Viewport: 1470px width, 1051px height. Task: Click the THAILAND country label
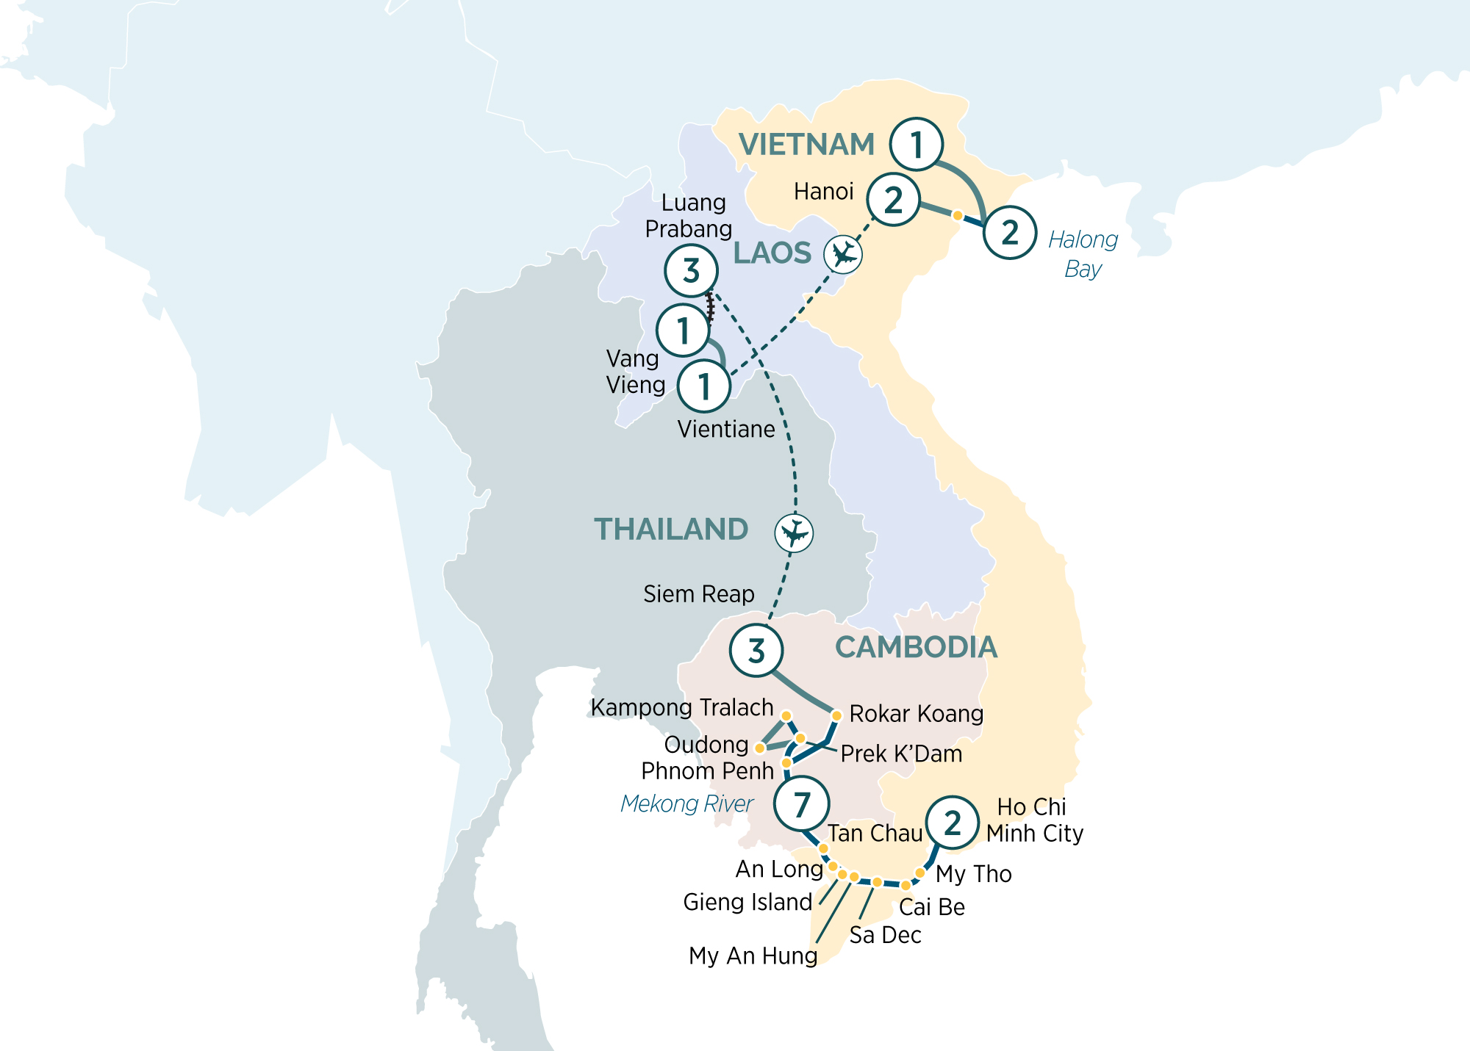(x=670, y=530)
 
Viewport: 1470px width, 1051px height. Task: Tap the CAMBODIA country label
(x=916, y=647)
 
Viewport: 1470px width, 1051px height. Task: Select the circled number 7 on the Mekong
(x=801, y=804)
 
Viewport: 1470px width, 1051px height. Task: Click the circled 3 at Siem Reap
(x=756, y=651)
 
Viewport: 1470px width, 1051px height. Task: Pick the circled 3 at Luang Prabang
(x=691, y=271)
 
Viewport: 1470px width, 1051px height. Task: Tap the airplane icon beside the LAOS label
(x=842, y=255)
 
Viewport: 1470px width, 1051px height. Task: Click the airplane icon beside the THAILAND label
(x=794, y=532)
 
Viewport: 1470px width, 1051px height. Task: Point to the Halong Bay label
(x=1083, y=254)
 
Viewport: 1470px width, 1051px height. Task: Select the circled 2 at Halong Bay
(x=1010, y=233)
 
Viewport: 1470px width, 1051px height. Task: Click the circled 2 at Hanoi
(x=893, y=200)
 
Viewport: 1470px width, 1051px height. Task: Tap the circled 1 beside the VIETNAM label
(x=916, y=145)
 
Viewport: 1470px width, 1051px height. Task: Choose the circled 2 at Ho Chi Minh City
(x=953, y=823)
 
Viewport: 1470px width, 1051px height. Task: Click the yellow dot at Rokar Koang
(x=836, y=715)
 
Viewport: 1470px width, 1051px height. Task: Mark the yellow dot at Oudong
(x=760, y=748)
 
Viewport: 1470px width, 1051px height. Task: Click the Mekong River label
(x=686, y=803)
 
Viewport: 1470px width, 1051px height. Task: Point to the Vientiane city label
(x=725, y=429)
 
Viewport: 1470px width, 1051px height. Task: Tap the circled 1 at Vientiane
(x=703, y=386)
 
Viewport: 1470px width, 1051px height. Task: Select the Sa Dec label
(x=885, y=935)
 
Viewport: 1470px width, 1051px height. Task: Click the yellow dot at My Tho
(x=919, y=873)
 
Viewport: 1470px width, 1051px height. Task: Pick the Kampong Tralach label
(x=681, y=707)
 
